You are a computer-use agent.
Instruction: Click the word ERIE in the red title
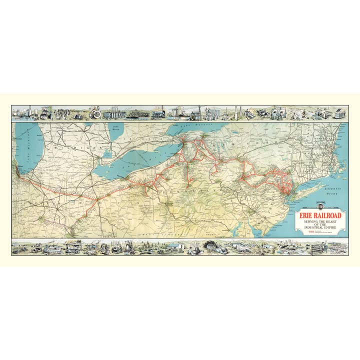pyautogui.click(x=307, y=216)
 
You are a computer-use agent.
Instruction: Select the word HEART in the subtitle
pyautogui.click(x=333, y=222)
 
